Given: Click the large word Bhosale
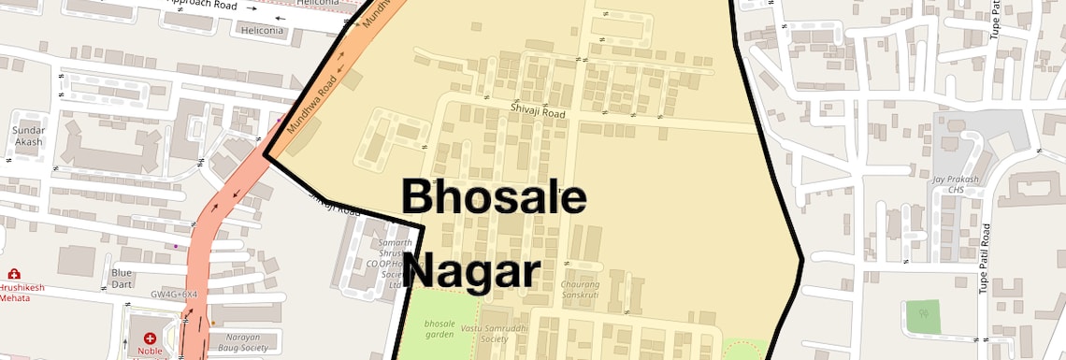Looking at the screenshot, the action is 494,199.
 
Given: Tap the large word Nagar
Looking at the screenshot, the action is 474,271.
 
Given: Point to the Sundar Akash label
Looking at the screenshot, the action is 28,136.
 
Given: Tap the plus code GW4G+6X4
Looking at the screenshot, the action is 175,294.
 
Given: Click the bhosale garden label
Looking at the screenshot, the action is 439,328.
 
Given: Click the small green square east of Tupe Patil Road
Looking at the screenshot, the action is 923,317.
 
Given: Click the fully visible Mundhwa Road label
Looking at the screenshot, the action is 311,108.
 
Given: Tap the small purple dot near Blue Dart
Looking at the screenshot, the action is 175,246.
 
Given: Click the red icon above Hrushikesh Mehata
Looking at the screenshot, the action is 14,273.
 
